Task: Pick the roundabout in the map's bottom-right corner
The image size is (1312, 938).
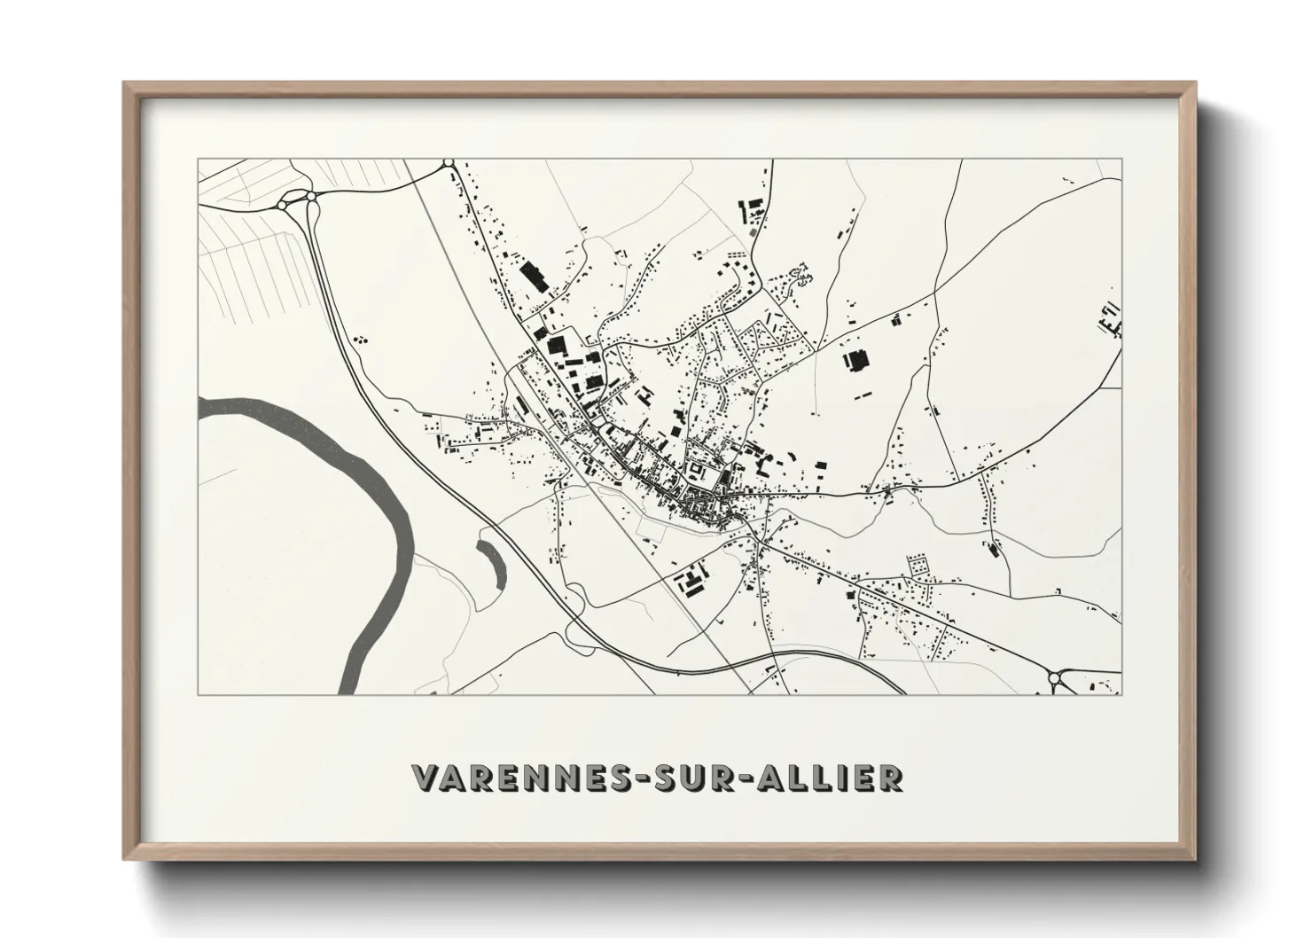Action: (x=1055, y=680)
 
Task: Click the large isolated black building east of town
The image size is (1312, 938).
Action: (x=857, y=361)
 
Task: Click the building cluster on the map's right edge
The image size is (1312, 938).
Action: (x=1110, y=319)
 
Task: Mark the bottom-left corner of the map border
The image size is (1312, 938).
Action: (x=199, y=694)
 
